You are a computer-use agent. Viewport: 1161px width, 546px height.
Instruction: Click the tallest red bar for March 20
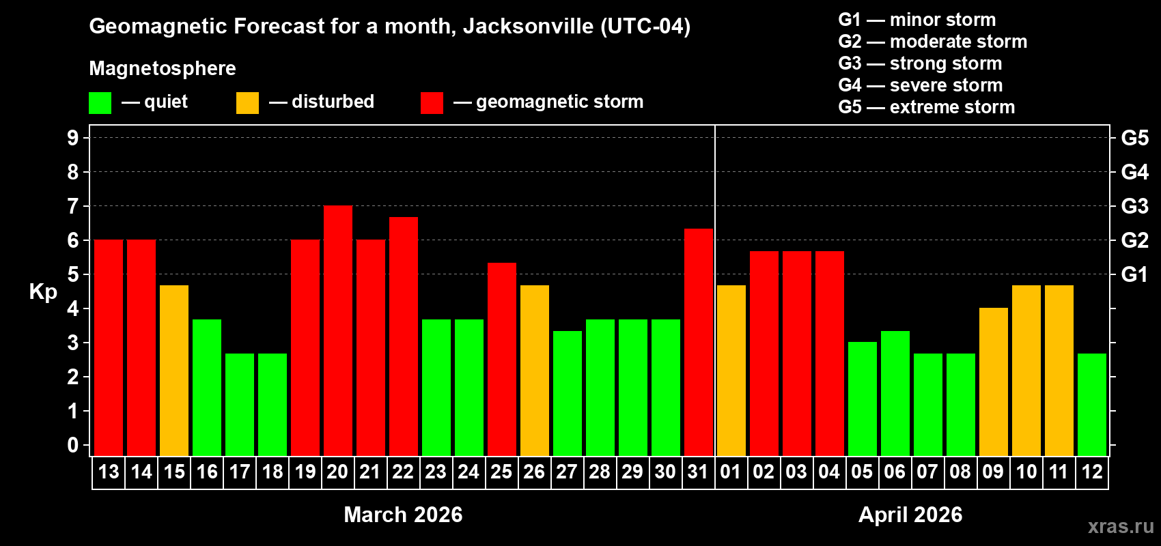[338, 331]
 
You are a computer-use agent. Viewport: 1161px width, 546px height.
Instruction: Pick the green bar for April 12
[1092, 405]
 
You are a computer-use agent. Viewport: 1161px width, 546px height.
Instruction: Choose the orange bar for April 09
[993, 382]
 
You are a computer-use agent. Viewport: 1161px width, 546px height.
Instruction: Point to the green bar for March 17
[240, 405]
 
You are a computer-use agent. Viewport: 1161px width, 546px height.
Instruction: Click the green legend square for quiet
[100, 103]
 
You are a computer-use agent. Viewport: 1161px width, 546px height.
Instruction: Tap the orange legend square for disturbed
[247, 103]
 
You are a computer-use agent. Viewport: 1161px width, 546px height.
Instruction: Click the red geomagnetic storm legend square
[432, 103]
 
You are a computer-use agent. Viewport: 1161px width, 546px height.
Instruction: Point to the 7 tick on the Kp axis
[73, 206]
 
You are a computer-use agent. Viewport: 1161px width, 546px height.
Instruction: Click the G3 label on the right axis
[1134, 206]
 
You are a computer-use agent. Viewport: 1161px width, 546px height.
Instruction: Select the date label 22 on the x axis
[403, 472]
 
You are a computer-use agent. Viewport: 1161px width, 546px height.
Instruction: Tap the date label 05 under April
[862, 472]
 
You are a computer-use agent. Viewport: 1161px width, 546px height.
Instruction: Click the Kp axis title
[43, 292]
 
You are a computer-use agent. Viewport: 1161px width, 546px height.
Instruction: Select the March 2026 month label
[403, 515]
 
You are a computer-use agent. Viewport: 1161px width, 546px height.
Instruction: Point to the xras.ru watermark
[1120, 526]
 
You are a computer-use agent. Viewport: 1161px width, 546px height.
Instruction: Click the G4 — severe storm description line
[920, 85]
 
